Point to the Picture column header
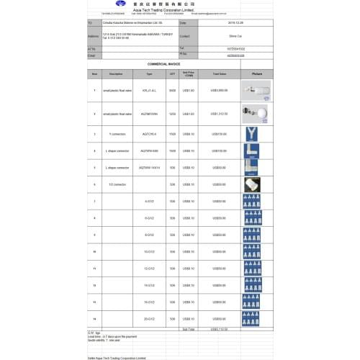point(257,73)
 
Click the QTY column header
point(172,73)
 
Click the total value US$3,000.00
point(219,89)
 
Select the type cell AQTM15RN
point(149,113)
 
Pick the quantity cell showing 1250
point(172,113)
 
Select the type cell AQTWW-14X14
point(149,167)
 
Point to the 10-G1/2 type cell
point(149,251)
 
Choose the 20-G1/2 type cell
point(149,318)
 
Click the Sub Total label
point(189,328)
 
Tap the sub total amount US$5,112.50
point(219,328)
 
